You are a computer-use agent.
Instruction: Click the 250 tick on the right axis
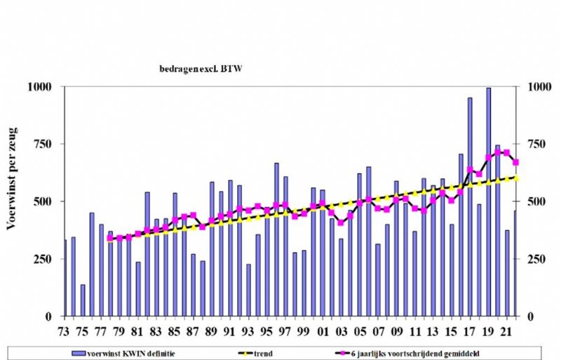(x=528, y=259)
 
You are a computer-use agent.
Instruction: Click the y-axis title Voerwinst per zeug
(x=12, y=179)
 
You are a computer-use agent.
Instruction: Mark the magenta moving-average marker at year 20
(x=497, y=152)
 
